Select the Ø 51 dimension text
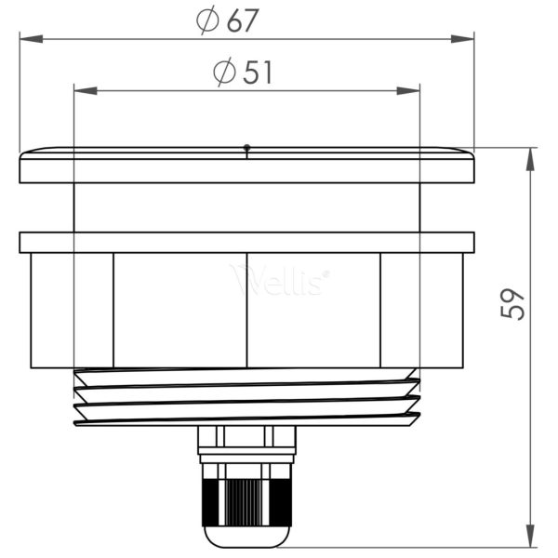point(243,73)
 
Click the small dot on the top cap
point(246,147)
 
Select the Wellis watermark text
point(279,279)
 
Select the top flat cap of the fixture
point(246,166)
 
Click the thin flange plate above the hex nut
point(246,242)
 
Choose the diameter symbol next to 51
point(224,73)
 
